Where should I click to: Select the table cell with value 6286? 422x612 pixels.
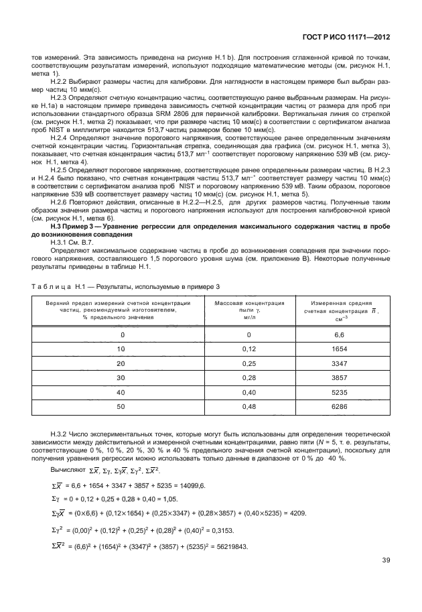click(339, 407)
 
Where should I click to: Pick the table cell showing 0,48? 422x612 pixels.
click(249, 407)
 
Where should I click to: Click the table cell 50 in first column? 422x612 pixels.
click(122, 407)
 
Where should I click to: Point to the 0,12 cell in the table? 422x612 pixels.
click(249, 349)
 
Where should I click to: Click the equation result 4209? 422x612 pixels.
click(297, 513)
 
